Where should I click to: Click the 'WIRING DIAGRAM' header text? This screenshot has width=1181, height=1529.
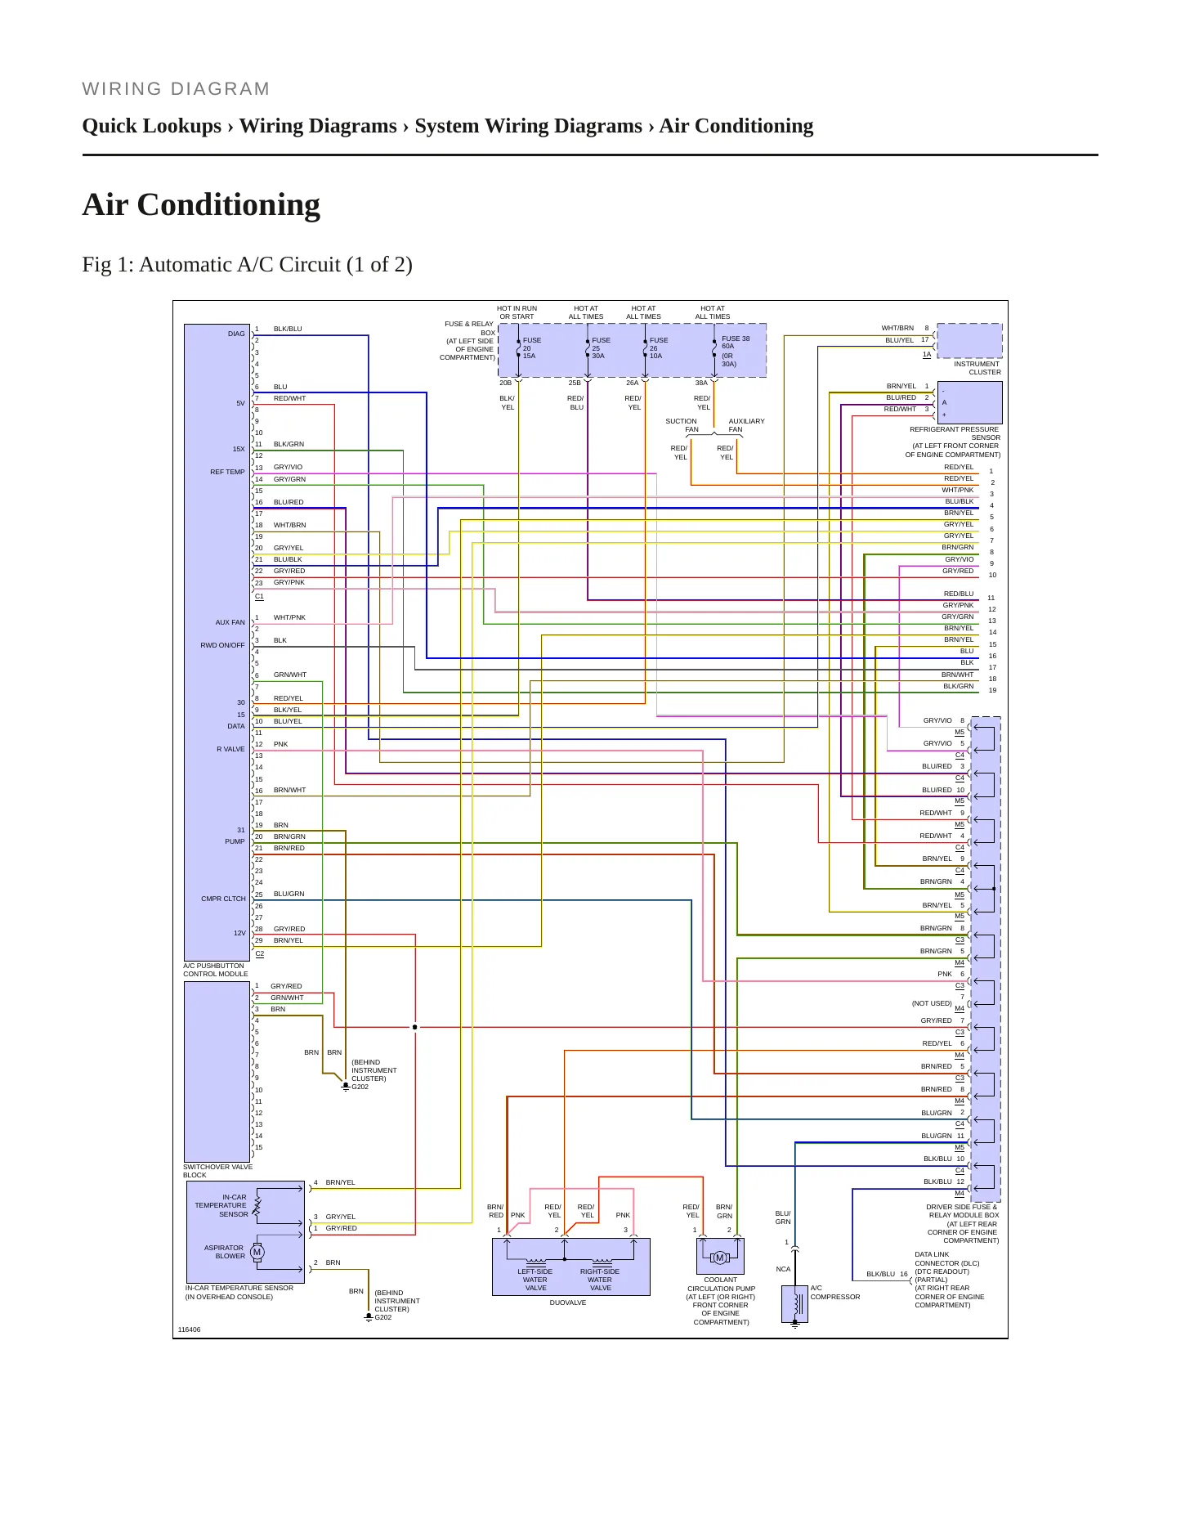[176, 89]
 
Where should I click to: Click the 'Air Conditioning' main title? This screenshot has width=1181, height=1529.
[201, 204]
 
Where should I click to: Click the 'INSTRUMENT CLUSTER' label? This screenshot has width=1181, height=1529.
[977, 368]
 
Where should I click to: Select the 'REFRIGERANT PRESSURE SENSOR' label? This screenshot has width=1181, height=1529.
[955, 433]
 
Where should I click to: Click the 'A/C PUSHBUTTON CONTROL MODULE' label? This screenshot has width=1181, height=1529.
[215, 970]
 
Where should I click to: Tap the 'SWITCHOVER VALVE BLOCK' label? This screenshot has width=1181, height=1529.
[217, 1171]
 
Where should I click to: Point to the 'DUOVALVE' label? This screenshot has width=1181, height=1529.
[567, 1303]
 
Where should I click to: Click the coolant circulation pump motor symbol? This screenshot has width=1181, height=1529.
[720, 1258]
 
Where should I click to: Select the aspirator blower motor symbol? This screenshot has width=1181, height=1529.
[257, 1252]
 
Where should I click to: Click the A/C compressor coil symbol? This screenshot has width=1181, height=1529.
[796, 1304]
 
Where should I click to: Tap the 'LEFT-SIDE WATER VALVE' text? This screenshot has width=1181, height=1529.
[535, 1280]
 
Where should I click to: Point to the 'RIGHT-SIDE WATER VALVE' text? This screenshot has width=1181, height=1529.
[600, 1280]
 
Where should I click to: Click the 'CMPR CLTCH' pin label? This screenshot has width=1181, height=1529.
[223, 899]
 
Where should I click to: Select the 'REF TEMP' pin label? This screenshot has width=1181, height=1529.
[227, 472]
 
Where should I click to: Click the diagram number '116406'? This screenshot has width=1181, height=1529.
[189, 1329]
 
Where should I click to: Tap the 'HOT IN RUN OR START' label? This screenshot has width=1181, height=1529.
[517, 312]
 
